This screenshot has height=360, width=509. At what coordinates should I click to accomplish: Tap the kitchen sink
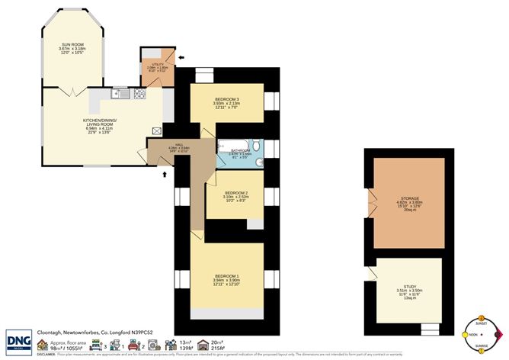[119, 95]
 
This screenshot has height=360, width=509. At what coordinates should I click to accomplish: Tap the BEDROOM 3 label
[227, 101]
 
